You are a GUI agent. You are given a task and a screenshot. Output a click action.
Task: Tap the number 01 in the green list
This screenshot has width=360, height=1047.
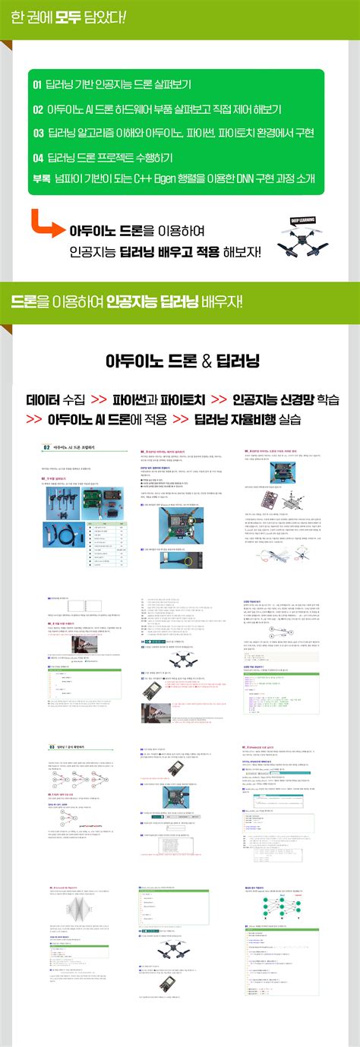(x=37, y=84)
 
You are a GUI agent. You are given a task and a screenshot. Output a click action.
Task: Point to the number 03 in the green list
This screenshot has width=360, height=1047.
(x=37, y=133)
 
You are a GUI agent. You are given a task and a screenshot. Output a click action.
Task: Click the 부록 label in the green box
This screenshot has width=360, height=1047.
(x=40, y=178)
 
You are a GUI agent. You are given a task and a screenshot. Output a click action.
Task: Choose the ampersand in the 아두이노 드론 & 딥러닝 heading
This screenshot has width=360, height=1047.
(x=207, y=362)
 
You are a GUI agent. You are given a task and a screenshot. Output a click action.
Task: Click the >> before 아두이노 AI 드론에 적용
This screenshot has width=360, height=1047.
(x=34, y=418)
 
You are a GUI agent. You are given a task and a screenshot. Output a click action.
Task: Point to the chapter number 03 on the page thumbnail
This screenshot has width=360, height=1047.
(x=52, y=724)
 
